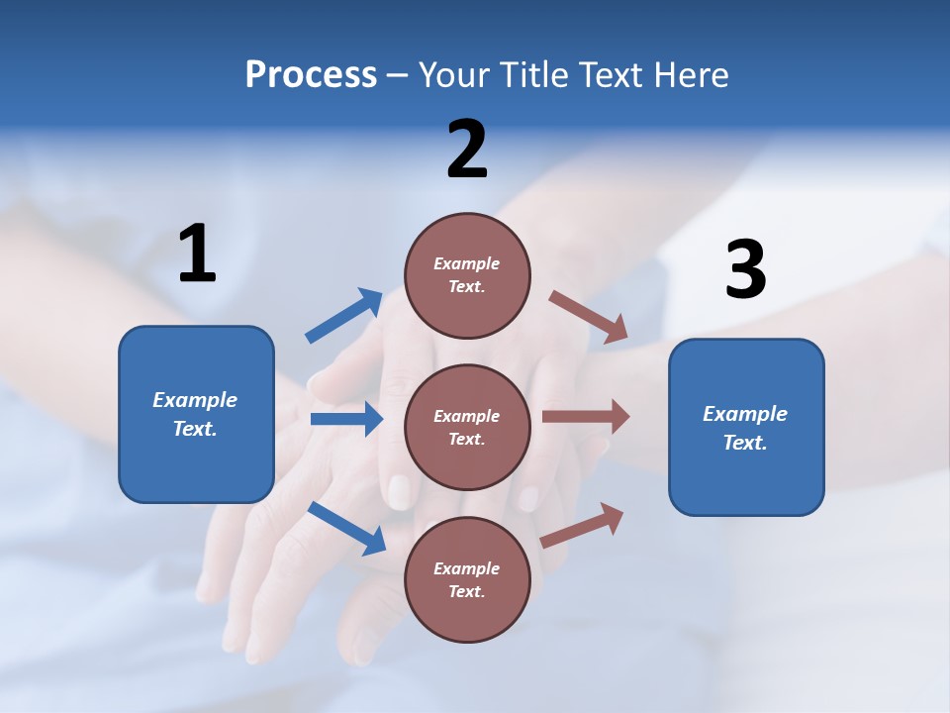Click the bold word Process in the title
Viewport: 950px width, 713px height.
point(311,74)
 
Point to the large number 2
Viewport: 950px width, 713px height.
point(467,150)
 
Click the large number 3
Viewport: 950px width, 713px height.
point(745,269)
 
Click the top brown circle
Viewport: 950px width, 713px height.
point(467,275)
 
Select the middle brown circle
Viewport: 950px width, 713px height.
point(467,427)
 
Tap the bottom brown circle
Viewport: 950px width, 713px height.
point(467,579)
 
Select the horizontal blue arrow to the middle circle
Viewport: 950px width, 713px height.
point(346,419)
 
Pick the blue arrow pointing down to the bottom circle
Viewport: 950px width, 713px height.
point(346,528)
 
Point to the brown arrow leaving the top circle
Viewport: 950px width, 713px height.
point(589,317)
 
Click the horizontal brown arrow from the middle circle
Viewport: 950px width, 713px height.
point(586,416)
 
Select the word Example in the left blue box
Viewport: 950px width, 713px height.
point(195,400)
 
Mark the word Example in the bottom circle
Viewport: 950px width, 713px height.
point(466,568)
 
